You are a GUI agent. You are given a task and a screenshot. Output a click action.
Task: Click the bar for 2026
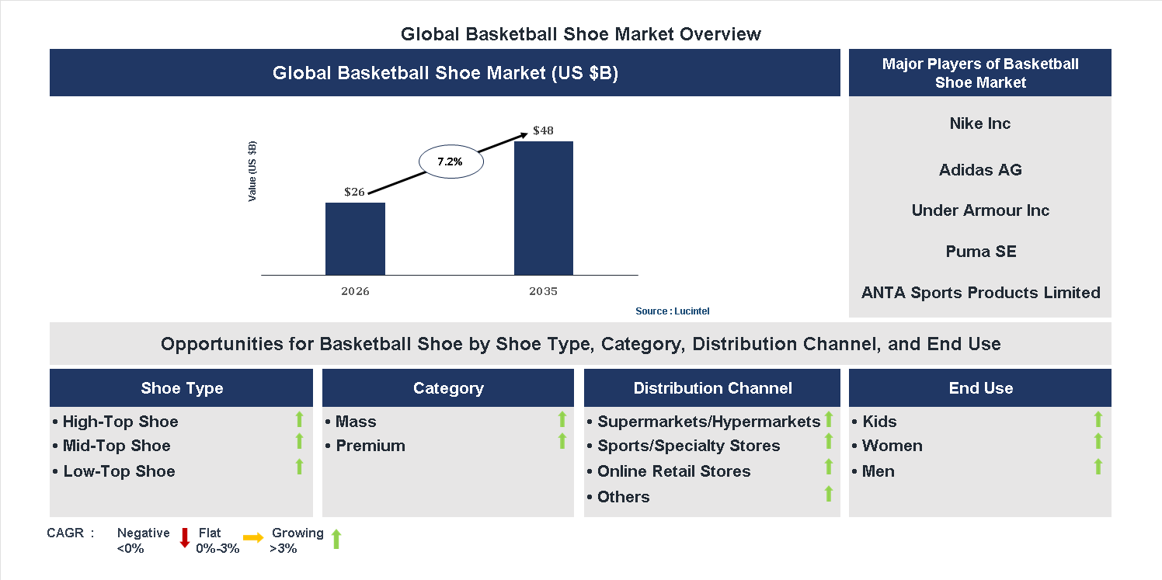355,239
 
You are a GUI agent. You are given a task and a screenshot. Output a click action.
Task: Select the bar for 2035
544,208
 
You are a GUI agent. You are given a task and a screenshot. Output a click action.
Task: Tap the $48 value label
543,130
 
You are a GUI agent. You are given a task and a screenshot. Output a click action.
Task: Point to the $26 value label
354,192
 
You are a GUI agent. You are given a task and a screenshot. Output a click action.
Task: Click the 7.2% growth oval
451,162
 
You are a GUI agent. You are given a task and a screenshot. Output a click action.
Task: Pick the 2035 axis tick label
543,292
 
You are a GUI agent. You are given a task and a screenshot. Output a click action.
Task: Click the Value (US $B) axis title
252,172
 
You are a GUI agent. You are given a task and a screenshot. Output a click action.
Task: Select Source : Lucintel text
672,311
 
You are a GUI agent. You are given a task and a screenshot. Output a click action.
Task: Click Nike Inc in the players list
979,123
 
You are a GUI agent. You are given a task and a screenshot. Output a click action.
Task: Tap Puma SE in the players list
980,252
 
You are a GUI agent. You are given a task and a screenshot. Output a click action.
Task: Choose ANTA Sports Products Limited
980,293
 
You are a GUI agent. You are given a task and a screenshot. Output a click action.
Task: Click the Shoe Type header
182,388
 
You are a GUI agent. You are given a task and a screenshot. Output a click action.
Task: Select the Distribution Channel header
712,388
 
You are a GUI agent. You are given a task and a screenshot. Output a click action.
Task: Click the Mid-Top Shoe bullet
116,446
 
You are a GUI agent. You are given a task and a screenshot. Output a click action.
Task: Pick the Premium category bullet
370,446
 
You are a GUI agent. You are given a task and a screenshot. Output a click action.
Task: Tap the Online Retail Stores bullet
673,471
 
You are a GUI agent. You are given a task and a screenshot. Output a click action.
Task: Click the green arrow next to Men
1098,467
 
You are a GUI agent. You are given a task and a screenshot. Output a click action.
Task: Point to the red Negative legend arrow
185,537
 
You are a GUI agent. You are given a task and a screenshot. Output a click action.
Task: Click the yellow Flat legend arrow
253,537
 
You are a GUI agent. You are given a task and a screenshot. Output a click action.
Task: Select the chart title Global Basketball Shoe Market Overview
581,34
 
